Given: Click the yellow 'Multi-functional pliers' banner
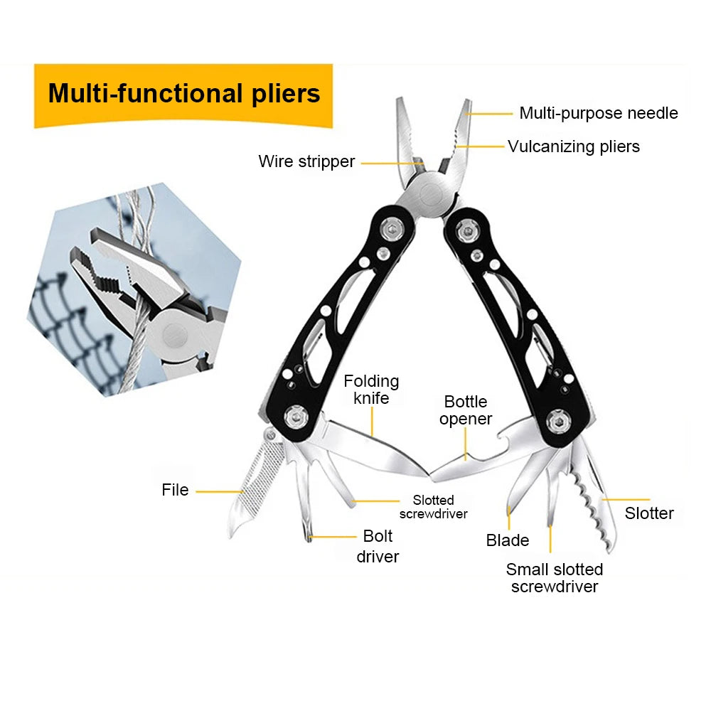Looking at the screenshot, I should coord(183,94).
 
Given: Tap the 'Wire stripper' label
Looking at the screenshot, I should coord(306,161).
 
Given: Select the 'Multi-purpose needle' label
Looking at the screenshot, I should coord(598,113).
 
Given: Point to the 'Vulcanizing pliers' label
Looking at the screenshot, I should coord(573,146).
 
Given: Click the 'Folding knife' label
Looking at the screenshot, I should coord(371,390).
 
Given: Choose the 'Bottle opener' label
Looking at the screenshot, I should coord(466,410).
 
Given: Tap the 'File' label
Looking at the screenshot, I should coord(175,490).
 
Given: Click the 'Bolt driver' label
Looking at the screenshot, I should coord(378,546).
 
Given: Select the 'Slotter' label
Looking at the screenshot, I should coord(648,513).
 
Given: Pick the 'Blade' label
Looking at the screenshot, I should coord(507,540).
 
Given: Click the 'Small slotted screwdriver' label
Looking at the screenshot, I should coord(555,577).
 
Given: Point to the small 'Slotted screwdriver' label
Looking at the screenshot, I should coord(433,507).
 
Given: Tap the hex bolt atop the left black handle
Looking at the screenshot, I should coord(390,229).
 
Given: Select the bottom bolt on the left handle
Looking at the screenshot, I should coord(294,417).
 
